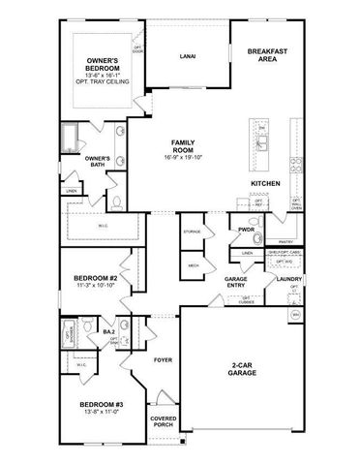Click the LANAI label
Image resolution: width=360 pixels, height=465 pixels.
click(x=189, y=56)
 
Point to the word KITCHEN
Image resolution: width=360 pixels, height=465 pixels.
click(x=266, y=183)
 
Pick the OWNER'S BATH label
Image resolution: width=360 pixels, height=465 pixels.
click(x=98, y=162)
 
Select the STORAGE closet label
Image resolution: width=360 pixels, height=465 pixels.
click(x=192, y=232)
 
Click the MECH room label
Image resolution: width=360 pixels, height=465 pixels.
click(x=192, y=263)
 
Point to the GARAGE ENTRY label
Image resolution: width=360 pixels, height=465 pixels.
click(x=236, y=283)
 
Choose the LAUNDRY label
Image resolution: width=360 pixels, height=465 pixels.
click(x=287, y=279)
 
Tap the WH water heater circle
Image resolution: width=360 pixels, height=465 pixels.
click(x=294, y=316)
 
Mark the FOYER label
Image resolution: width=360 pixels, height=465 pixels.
click(x=163, y=359)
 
